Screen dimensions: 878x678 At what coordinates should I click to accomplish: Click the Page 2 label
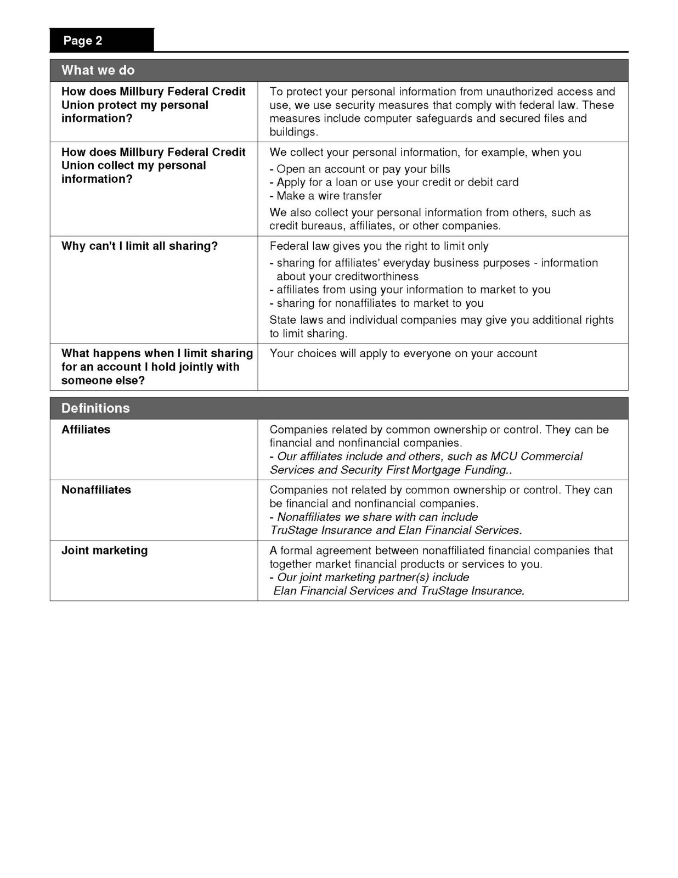point(82,41)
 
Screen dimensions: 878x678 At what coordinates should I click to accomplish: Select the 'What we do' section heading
point(98,70)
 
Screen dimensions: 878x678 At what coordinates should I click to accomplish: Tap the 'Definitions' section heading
point(95,408)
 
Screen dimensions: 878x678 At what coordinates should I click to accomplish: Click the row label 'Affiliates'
point(86,430)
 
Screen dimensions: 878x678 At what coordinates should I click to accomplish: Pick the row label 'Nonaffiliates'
point(96,490)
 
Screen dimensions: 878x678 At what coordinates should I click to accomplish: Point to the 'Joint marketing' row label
point(104,550)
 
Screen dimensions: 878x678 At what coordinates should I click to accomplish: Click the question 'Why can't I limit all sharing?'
point(139,246)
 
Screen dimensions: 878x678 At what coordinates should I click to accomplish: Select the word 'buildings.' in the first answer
point(293,132)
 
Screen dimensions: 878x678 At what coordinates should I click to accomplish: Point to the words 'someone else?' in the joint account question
point(103,381)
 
